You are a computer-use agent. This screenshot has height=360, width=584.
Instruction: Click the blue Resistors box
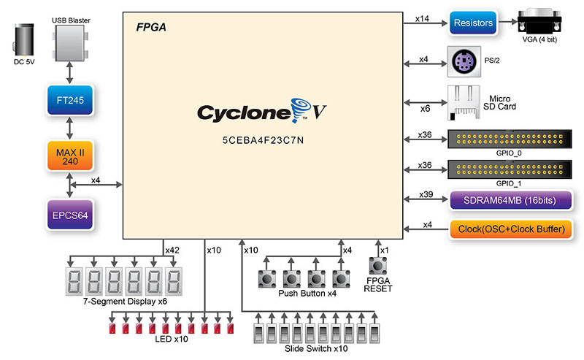pos(472,23)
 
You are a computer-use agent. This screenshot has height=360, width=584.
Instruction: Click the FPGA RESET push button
pos(378,267)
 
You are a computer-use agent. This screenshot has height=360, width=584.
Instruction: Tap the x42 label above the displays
pos(172,250)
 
